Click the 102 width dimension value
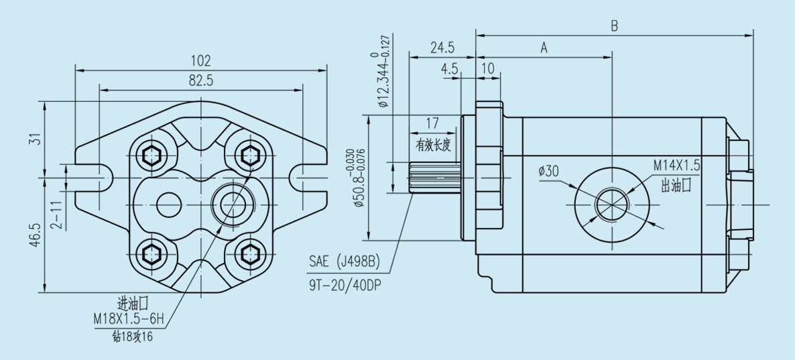(201, 59)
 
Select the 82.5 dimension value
(201, 80)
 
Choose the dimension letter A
(544, 48)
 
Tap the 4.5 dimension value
(450, 69)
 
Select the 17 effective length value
(432, 124)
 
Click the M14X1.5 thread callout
(677, 165)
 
